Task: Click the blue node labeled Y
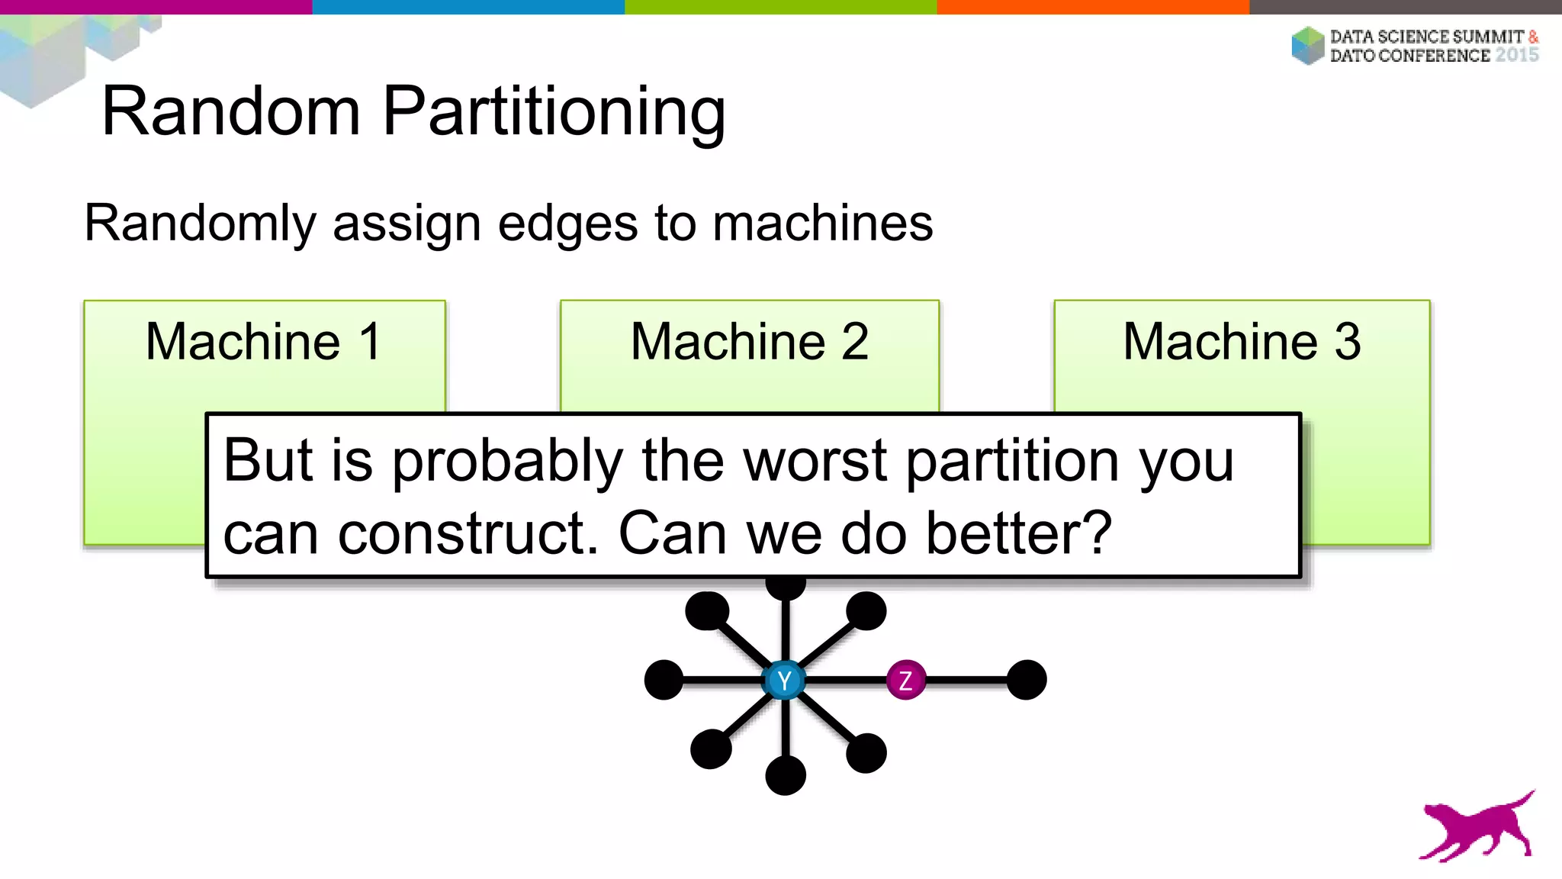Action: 784,680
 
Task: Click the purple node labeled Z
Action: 906,680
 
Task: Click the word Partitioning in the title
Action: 554,111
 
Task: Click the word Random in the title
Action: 231,111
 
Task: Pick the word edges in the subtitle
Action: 567,224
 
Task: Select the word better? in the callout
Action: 1019,533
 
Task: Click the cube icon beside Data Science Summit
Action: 1308,45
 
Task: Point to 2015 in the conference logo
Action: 1516,55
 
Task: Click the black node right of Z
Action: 1027,680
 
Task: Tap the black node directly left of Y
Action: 664,680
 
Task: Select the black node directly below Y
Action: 786,775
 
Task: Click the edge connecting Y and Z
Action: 845,680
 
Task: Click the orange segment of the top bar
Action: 1093,7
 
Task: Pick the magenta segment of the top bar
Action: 156,7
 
